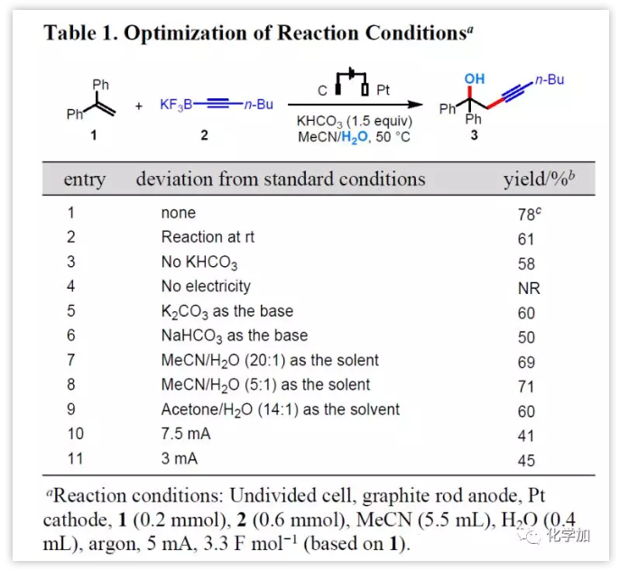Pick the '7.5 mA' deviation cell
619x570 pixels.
pos(186,434)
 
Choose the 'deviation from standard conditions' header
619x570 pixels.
pos(280,179)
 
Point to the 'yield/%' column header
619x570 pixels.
pos(537,179)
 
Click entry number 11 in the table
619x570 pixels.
pos(75,458)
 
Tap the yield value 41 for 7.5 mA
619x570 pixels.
pos(526,436)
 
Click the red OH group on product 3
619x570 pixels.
pos(474,79)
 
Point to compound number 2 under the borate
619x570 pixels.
pos(204,134)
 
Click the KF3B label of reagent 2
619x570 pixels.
pos(176,105)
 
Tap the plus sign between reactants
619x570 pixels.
pos(139,106)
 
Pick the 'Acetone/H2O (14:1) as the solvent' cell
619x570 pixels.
pos(280,409)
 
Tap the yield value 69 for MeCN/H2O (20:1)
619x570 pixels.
pos(526,362)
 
